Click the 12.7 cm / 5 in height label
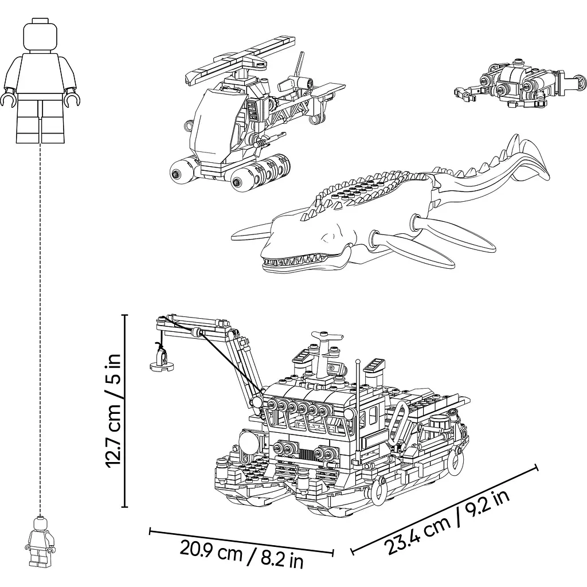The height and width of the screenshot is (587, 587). [x=113, y=410]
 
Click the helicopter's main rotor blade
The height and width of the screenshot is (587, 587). [x=240, y=60]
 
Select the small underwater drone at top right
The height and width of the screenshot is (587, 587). [x=521, y=84]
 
